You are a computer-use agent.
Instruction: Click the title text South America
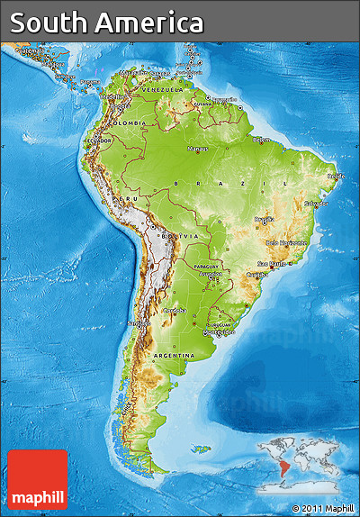point(107,23)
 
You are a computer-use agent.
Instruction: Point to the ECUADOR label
point(99,141)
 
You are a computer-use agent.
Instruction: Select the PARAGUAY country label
point(206,266)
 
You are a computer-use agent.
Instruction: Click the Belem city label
point(261,140)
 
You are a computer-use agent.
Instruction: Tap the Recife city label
point(335,177)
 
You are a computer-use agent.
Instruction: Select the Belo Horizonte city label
point(286,242)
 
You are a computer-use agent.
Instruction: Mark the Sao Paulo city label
point(268,264)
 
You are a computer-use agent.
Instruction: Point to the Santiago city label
point(138,322)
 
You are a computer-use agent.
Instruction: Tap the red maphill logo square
point(38,480)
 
